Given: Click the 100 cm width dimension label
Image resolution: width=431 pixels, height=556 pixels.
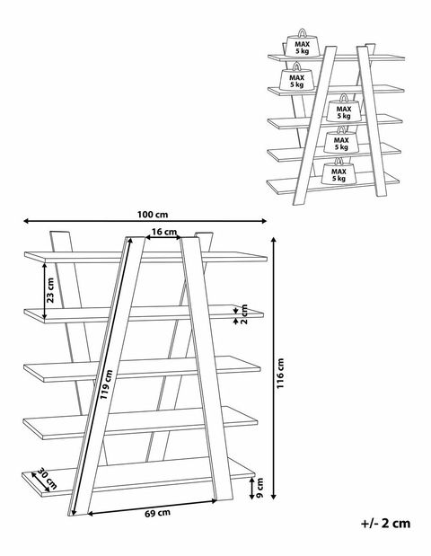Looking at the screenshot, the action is pyautogui.click(x=153, y=215).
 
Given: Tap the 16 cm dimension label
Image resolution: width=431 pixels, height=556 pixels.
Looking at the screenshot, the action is pyautogui.click(x=164, y=232).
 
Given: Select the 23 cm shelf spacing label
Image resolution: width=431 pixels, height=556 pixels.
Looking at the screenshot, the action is pyautogui.click(x=50, y=290).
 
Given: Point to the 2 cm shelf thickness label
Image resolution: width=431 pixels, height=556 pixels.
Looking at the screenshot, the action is pyautogui.click(x=244, y=314).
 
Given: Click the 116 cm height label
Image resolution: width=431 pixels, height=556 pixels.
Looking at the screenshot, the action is pyautogui.click(x=280, y=374).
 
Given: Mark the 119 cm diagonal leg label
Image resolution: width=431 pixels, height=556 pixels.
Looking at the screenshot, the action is pyautogui.click(x=106, y=384).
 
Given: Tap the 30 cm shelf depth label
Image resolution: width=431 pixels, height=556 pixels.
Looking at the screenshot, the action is pyautogui.click(x=47, y=479).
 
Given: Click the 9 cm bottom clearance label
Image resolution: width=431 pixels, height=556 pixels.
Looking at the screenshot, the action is pyautogui.click(x=259, y=488).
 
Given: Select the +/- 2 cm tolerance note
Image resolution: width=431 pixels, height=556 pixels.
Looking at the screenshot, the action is pyautogui.click(x=385, y=524).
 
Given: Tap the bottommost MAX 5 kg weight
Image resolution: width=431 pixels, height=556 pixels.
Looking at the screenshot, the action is pyautogui.click(x=339, y=172).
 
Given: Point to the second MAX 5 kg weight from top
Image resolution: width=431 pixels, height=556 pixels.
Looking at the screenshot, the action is pyautogui.click(x=296, y=77).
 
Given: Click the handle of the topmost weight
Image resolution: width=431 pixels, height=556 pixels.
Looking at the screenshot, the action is pyautogui.click(x=302, y=33).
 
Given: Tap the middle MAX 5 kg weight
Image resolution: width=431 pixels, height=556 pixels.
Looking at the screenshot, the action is pyautogui.click(x=343, y=110).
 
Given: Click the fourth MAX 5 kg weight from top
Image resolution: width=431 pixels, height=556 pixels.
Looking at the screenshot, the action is pyautogui.click(x=341, y=141).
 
